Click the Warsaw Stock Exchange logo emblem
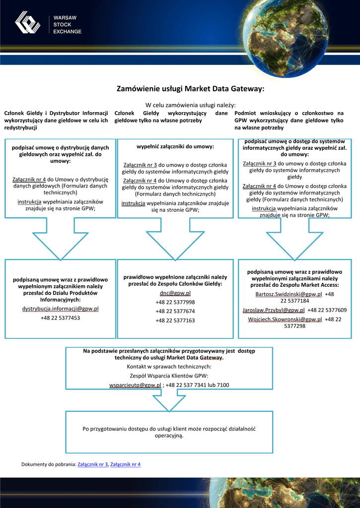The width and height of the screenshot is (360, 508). (28, 23)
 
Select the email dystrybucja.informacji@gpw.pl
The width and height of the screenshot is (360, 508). (60, 309)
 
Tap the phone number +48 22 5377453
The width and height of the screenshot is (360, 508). (60, 317)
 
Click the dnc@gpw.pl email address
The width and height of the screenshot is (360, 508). (175, 293)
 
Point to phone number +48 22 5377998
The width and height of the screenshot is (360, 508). (175, 302)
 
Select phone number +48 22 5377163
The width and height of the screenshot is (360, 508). (175, 320)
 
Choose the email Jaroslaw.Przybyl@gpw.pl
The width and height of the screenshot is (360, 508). (274, 310)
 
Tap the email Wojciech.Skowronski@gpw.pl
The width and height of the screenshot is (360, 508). (285, 319)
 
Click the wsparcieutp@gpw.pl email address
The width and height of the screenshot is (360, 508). (135, 385)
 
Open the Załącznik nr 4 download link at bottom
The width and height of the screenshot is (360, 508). (126, 464)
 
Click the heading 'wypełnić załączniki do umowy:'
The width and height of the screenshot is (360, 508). (175, 147)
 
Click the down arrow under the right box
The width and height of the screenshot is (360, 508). (295, 239)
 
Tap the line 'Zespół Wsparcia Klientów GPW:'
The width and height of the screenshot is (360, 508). (169, 376)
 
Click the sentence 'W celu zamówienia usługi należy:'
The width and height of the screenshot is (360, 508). (190, 105)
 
